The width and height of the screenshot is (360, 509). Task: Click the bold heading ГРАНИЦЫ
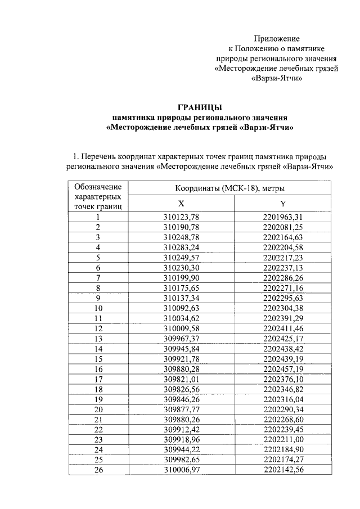tap(200, 107)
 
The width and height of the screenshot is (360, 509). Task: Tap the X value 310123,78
tap(182, 217)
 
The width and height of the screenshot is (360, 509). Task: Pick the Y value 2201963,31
tap(283, 217)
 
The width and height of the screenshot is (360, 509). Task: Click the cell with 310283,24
tap(182, 247)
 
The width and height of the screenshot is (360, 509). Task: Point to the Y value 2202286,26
tap(283, 278)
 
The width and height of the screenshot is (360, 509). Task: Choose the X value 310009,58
tap(182, 328)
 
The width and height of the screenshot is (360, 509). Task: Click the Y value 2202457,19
tap(283, 369)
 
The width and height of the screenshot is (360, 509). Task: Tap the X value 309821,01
tap(182, 379)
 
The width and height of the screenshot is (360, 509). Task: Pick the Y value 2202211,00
tap(283, 440)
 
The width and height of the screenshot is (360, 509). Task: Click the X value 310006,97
tap(182, 470)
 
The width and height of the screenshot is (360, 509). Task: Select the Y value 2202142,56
tap(283, 470)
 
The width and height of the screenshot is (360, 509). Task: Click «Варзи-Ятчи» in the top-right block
tap(276, 79)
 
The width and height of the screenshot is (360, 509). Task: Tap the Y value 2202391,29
tap(283, 318)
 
